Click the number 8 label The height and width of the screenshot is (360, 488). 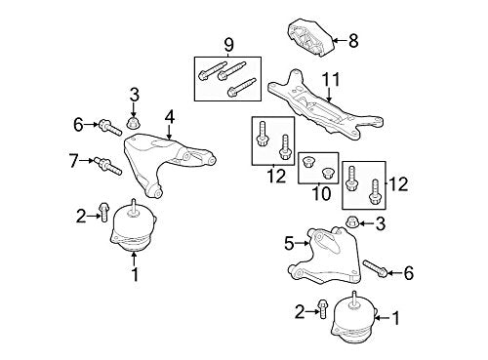click(x=353, y=41)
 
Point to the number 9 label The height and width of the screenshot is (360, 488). click(x=228, y=45)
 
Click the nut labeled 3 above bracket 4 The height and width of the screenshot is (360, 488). click(x=136, y=123)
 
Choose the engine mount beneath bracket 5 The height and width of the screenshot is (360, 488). click(x=355, y=318)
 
